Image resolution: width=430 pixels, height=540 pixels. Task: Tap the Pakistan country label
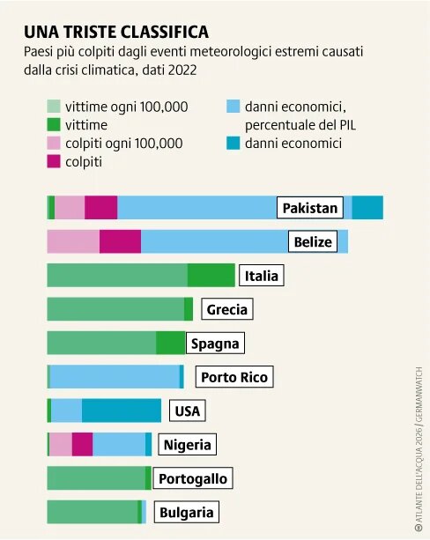pos(309,208)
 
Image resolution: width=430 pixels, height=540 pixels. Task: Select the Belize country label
pos(313,241)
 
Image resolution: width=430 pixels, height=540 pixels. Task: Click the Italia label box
pos(261,276)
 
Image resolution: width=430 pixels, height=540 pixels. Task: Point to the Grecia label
pos(226,309)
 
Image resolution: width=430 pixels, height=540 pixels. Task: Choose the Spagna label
pos(215,344)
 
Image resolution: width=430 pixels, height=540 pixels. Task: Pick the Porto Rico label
pos(234,377)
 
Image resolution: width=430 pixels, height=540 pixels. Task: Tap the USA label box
pos(187,411)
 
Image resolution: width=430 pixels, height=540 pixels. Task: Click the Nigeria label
pos(187,445)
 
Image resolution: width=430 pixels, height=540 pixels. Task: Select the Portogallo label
pos(192,479)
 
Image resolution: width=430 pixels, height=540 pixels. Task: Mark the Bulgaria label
pos(186,513)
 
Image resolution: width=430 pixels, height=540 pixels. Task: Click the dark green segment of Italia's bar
pos(211,276)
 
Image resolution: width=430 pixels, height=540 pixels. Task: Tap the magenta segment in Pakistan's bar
pos(100,208)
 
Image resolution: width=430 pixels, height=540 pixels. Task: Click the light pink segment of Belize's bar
pos(73,241)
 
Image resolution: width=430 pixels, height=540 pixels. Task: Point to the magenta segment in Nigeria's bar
pos(82,445)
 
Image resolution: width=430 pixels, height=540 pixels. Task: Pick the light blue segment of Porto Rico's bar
pos(115,377)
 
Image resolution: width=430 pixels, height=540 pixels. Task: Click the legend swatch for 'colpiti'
pos(53,161)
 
